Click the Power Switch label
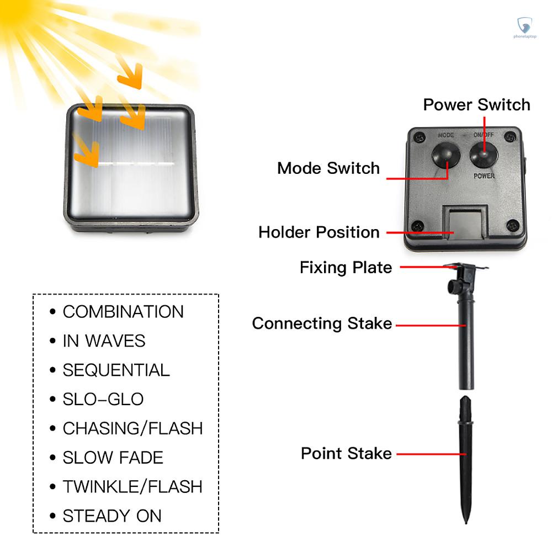pyautogui.click(x=476, y=105)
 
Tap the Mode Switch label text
pyautogui.click(x=328, y=168)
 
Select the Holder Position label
pyautogui.click(x=319, y=232)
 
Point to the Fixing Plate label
pyautogui.click(x=346, y=268)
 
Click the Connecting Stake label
pyautogui.click(x=322, y=323)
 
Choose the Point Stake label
pyautogui.click(x=346, y=454)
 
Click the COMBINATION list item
pyautogui.click(x=123, y=312)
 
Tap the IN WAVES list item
pyautogui.click(x=104, y=341)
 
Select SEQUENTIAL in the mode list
pyautogui.click(x=116, y=370)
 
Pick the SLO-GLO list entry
pyautogui.click(x=103, y=400)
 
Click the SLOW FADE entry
pyautogui.click(x=113, y=458)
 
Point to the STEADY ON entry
pyautogui.click(x=112, y=516)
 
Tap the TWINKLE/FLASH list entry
pyautogui.click(x=132, y=487)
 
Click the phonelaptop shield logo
pyautogui.click(x=524, y=25)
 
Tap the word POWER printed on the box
pyautogui.click(x=484, y=177)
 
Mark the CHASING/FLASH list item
pyautogui.click(x=132, y=428)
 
